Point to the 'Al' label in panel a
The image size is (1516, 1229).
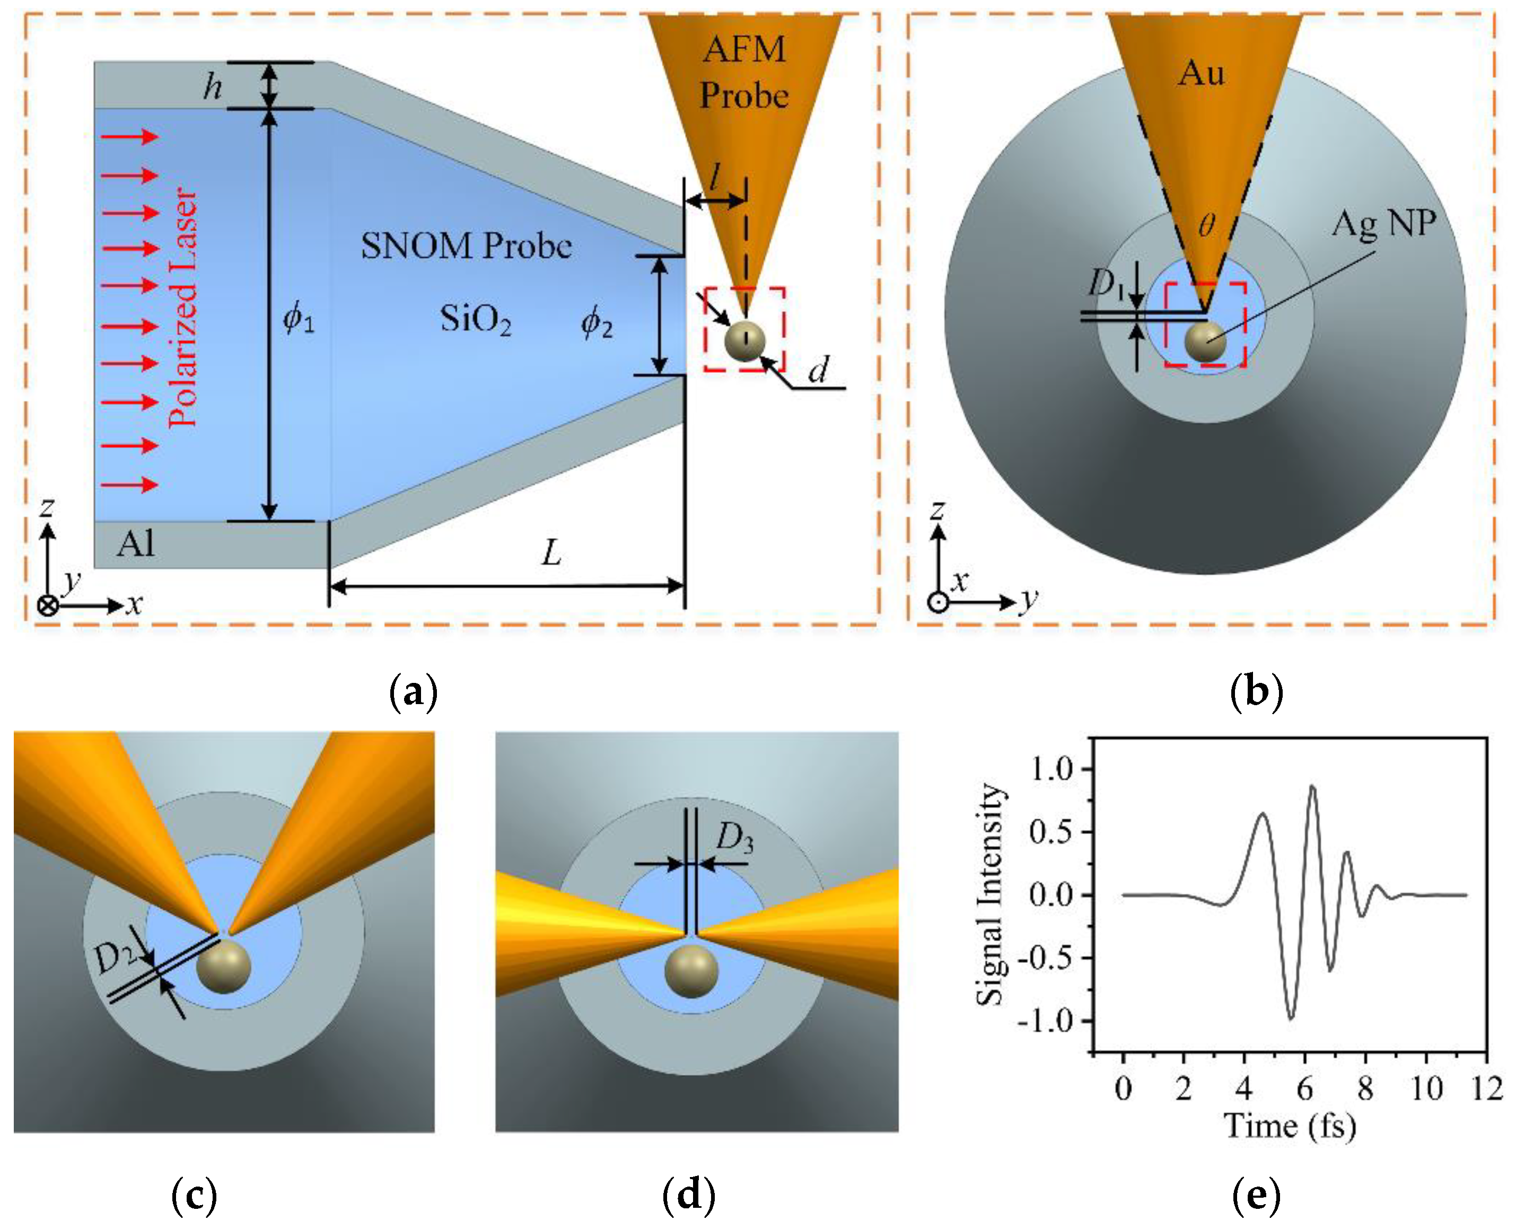click(135, 545)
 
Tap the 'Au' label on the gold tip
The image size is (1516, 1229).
click(1201, 74)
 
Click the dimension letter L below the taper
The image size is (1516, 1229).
click(551, 553)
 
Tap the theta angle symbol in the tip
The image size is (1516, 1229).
click(1206, 226)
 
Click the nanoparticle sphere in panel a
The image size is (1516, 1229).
click(745, 341)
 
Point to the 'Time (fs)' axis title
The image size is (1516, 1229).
click(1290, 1126)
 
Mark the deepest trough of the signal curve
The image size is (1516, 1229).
click(1290, 1018)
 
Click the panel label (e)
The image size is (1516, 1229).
click(1256, 1196)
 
